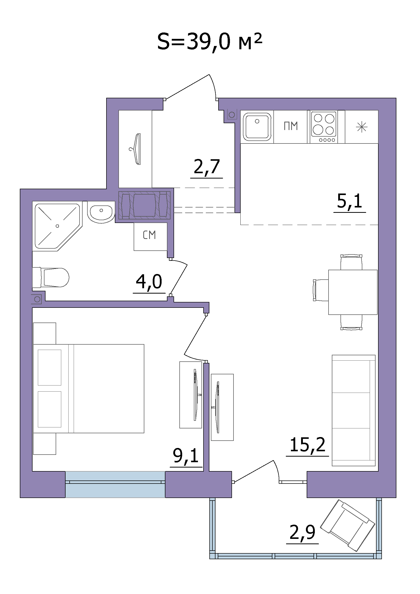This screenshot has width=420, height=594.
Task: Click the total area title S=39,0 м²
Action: [x=210, y=42]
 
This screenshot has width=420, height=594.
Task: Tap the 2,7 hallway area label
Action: [x=207, y=167]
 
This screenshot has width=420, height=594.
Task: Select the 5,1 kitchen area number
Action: [x=350, y=201]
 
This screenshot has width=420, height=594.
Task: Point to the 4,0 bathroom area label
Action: [x=149, y=282]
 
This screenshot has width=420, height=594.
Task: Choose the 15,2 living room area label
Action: [x=307, y=445]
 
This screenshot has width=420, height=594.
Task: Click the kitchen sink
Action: [x=257, y=127]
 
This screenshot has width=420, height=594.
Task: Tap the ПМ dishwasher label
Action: [x=291, y=126]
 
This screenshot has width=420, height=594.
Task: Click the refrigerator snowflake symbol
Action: [x=362, y=127]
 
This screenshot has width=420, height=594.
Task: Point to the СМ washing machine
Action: [x=150, y=236]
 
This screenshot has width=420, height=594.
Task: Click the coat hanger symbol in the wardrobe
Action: [x=136, y=149]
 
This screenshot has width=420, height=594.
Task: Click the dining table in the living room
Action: [x=353, y=292]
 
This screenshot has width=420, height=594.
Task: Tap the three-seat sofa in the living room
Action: [x=353, y=410]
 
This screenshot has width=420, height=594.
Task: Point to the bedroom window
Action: [x=115, y=484]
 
